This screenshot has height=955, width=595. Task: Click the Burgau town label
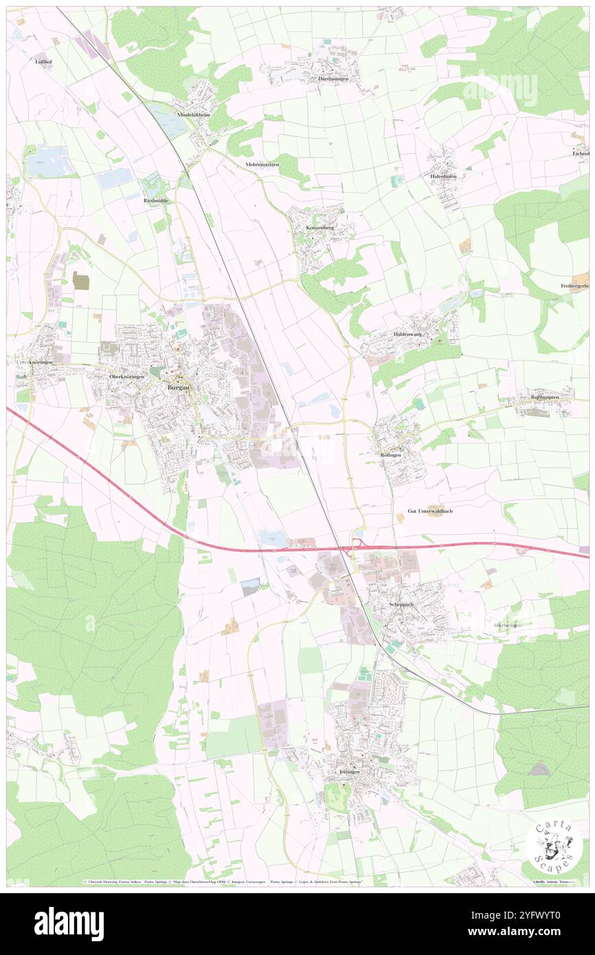point(177,387)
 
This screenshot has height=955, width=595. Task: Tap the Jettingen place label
point(350,772)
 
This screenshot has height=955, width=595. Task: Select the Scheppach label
point(403,605)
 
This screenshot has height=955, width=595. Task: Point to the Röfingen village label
point(390,456)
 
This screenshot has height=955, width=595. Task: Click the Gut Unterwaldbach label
point(430,512)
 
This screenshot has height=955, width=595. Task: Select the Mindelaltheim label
point(192,115)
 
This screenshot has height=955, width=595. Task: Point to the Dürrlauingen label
point(333,79)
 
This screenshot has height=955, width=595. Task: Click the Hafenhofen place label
point(443,177)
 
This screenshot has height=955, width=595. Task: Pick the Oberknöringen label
point(127,377)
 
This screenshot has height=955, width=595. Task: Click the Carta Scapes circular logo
point(554,846)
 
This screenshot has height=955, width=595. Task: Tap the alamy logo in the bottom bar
point(69,924)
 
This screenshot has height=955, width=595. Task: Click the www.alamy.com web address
point(524,932)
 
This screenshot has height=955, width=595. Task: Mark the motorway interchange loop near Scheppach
point(355,548)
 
